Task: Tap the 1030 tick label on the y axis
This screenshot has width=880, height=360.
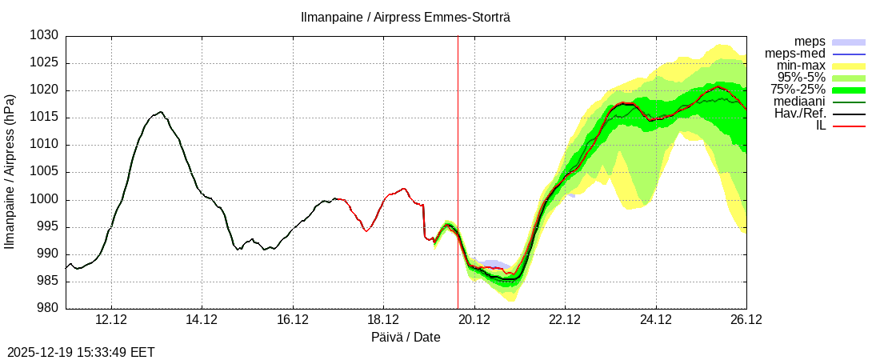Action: point(45,36)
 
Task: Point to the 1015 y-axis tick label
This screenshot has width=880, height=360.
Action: point(45,118)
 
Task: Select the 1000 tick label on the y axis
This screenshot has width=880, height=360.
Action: point(45,200)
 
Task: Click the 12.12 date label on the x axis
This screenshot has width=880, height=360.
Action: point(111,320)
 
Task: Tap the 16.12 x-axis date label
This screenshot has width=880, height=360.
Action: point(293,320)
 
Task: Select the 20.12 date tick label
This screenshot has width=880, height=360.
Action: point(474,320)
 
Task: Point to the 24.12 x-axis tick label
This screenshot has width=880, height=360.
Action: point(656,320)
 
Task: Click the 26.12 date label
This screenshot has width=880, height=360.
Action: point(746,320)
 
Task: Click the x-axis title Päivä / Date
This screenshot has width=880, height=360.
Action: point(406,338)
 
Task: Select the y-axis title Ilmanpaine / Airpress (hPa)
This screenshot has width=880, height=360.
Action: point(10,172)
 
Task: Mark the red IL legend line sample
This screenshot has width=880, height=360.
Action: point(849,126)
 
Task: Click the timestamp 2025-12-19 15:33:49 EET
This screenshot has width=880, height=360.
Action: point(81,352)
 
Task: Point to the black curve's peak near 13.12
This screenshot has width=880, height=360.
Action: point(161,112)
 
